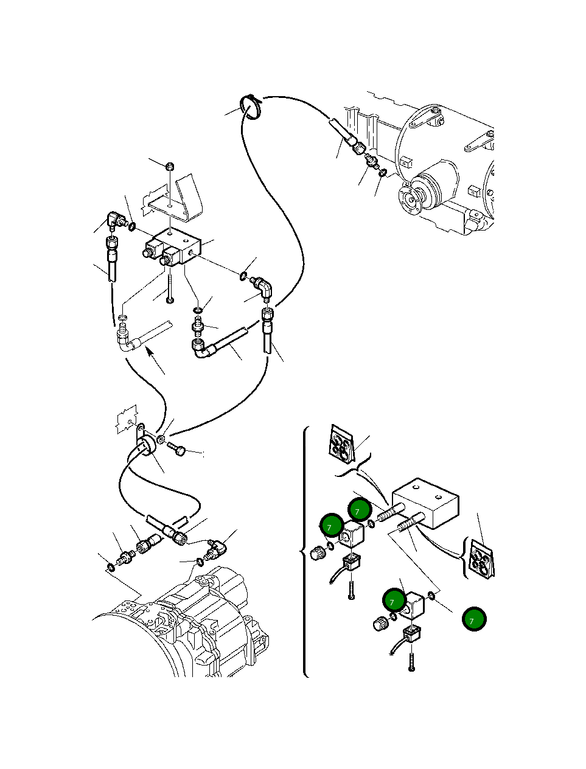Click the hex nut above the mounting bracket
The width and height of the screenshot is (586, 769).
pyautogui.click(x=171, y=165)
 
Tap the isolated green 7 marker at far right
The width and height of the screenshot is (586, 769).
pyautogui.click(x=473, y=619)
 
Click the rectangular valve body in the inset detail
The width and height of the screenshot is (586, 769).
pyautogui.click(x=425, y=503)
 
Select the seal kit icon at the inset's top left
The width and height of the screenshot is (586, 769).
pyautogui.click(x=340, y=442)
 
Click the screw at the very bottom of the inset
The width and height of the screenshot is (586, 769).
pyautogui.click(x=413, y=662)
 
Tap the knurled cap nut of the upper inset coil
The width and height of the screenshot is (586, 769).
pyautogui.click(x=316, y=553)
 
